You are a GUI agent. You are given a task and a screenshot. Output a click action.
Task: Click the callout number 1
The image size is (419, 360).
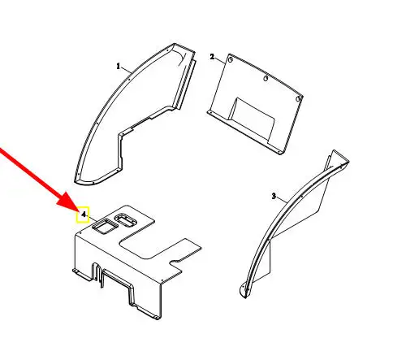[118, 66]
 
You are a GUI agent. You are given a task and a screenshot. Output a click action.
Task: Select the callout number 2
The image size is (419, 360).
[212, 57]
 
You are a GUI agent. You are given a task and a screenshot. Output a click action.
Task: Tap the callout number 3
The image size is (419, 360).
[274, 196]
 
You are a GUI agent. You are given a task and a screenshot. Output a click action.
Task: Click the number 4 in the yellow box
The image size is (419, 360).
[84, 215]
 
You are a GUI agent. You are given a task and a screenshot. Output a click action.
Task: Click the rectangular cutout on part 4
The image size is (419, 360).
[105, 226]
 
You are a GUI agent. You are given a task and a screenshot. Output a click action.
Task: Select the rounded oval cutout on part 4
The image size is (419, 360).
[126, 219]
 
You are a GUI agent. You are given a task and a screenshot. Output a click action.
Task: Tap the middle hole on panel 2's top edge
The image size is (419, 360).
[266, 79]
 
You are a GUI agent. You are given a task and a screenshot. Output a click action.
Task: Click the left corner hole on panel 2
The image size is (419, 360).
[231, 59]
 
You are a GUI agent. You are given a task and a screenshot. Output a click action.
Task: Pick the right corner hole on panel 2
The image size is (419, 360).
[298, 99]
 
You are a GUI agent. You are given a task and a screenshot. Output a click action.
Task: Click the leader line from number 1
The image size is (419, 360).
[126, 70]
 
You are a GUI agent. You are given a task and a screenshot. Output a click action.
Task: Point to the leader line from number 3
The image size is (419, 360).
[282, 200]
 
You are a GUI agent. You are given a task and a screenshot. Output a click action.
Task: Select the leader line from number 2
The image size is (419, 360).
[220, 60]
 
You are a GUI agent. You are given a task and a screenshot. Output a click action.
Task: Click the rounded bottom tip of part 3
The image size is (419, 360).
[244, 292]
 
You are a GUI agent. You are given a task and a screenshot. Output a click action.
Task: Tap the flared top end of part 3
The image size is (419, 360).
[339, 158]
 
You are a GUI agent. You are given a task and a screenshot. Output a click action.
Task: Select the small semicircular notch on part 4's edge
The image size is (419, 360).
[175, 262]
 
